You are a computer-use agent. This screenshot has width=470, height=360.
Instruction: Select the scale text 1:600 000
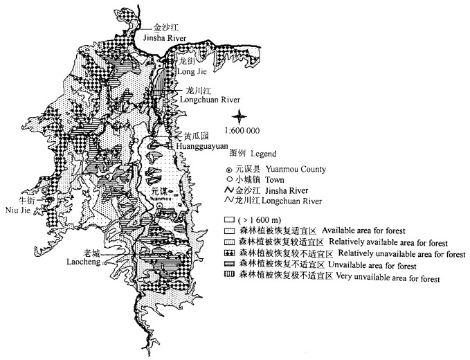tap(242, 130)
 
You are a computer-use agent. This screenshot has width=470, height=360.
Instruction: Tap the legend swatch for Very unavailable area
tap(226, 277)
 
